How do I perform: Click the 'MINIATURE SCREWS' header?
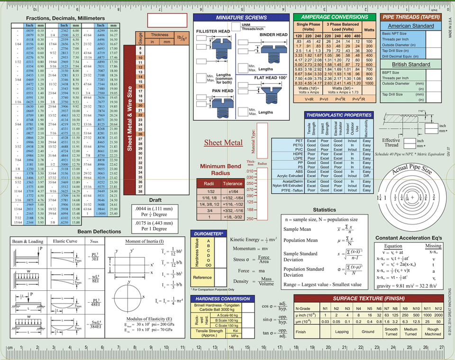click(241, 17)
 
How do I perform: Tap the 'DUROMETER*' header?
click(208, 234)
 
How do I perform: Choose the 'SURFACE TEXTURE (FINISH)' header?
click(368, 298)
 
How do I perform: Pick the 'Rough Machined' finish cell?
click(433, 332)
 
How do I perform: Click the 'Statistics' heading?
click(325, 210)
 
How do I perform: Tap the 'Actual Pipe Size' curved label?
click(411, 169)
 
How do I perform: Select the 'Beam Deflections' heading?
click(99, 232)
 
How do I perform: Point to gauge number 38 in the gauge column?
click(140, 192)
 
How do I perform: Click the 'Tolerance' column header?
click(233, 183)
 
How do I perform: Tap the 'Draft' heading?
click(155, 200)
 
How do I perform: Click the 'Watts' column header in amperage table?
click(369, 29)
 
